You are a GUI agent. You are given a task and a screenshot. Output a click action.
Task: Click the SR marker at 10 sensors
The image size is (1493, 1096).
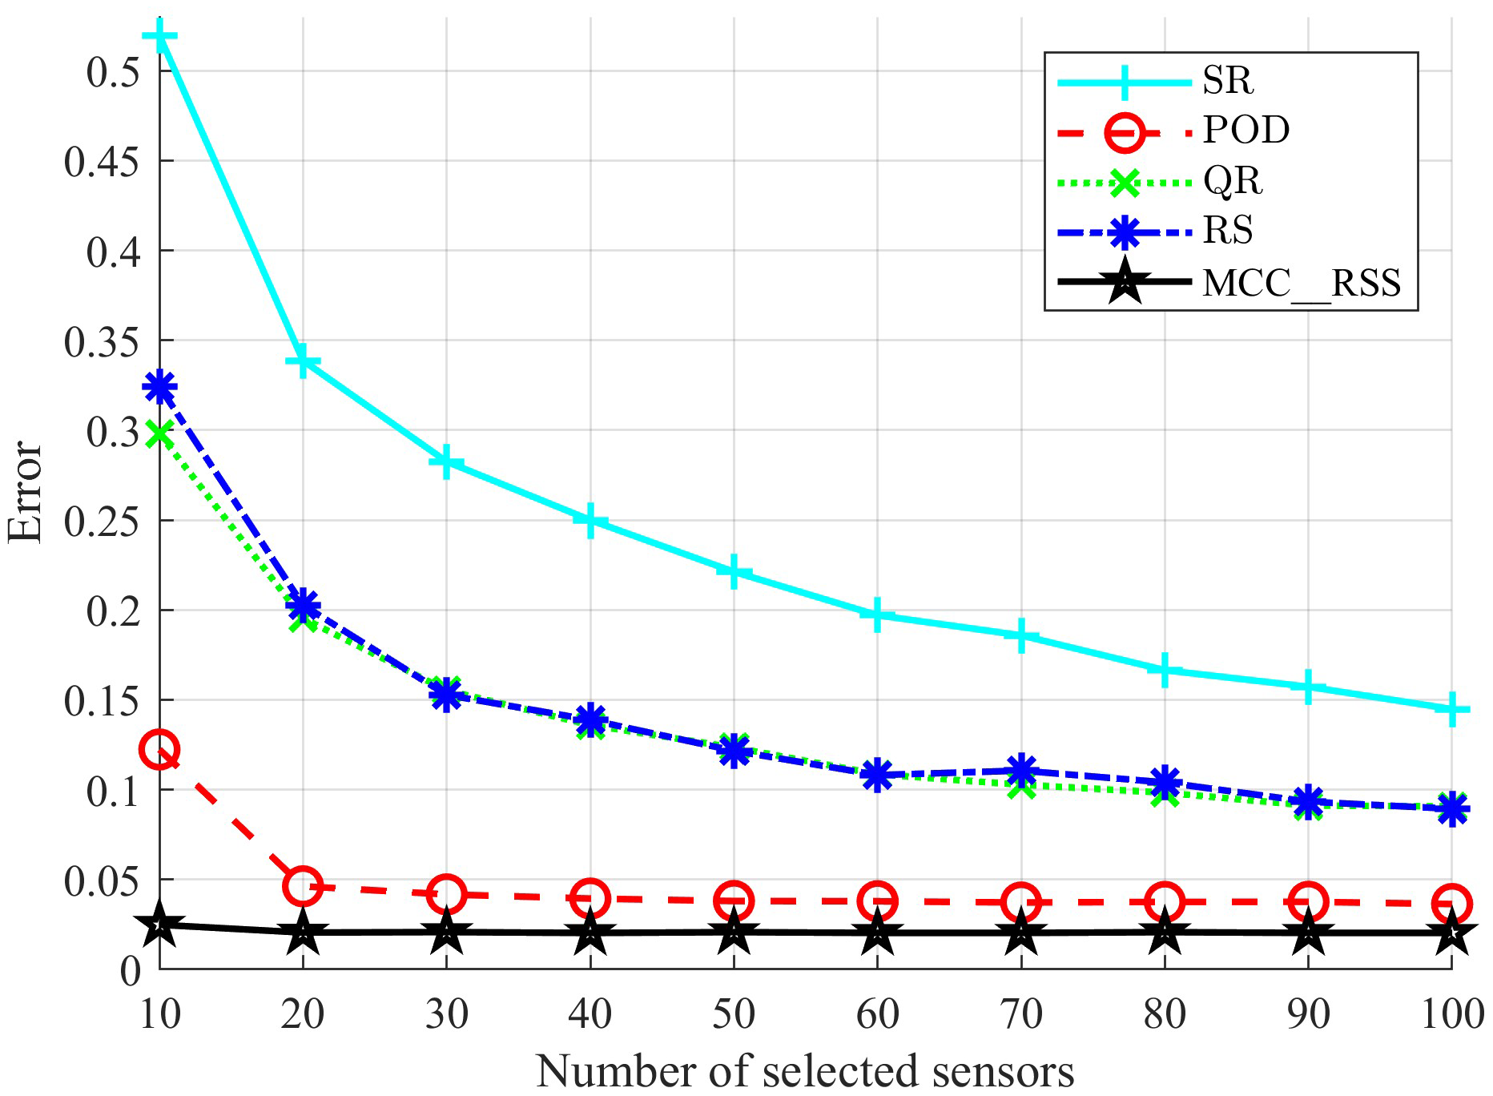click(159, 35)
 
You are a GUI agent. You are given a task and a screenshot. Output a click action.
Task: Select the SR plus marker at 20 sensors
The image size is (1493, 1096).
click(303, 361)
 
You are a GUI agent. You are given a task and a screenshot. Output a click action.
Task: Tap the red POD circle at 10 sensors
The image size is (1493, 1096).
click(159, 749)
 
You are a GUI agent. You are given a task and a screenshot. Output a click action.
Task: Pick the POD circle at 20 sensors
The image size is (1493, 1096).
click(303, 885)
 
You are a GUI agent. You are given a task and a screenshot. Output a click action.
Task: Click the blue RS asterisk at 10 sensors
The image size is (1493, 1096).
click(159, 387)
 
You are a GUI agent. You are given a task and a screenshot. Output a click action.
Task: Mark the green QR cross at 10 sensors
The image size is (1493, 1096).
click(159, 435)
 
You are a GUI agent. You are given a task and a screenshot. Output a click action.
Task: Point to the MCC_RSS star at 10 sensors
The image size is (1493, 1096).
click(159, 925)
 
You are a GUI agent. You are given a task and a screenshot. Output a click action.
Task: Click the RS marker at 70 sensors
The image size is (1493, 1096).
click(1020, 770)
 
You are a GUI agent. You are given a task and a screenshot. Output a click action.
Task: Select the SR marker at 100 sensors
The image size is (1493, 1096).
click(1451, 709)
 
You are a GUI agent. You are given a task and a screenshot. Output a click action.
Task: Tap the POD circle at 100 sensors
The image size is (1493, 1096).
click(1451, 904)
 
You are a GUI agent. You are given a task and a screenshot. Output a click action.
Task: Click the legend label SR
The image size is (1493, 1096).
click(1227, 80)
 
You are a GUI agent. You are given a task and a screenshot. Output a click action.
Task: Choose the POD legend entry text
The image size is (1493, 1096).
click(1246, 130)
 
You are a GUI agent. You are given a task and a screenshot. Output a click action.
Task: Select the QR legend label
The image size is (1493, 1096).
click(1232, 181)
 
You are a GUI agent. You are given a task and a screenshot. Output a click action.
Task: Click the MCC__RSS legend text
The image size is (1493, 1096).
click(1302, 282)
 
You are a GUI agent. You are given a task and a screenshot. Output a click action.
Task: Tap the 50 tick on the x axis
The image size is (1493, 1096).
click(733, 1014)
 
